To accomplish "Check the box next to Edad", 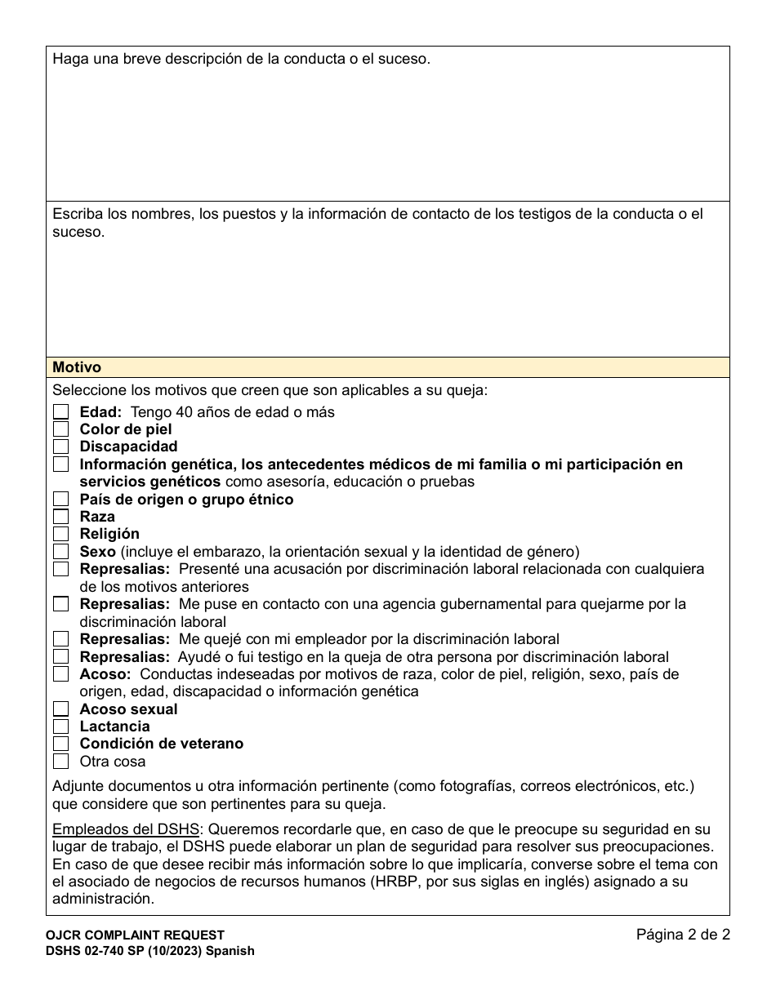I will [x=61, y=412].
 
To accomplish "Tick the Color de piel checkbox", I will [x=61, y=429].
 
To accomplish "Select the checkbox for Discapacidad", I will [x=61, y=446].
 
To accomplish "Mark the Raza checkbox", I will [x=61, y=517].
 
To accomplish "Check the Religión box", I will [x=61, y=534].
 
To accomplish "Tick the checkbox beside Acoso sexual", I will [x=61, y=709].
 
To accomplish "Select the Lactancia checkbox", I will [x=61, y=726].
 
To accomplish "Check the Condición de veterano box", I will [x=61, y=744].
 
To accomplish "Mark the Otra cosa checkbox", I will [x=61, y=762].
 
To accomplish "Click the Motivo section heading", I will [x=77, y=368].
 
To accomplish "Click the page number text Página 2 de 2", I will [x=683, y=935].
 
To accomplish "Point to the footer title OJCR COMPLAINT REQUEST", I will [x=135, y=935].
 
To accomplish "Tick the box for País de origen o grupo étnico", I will [x=61, y=499].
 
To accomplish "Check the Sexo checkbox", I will [x=61, y=552].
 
